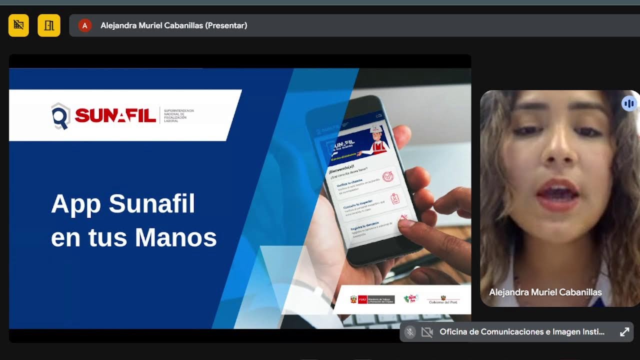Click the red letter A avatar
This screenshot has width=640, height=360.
(x=85, y=25)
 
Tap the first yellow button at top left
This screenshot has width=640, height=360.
(x=18, y=25)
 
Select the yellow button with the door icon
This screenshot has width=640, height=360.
(x=49, y=25)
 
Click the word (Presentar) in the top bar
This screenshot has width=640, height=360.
(x=226, y=25)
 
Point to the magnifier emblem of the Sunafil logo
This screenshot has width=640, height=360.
(x=60, y=116)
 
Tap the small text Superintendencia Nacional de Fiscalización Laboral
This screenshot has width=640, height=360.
(x=178, y=115)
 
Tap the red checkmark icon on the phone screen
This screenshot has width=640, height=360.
(x=388, y=176)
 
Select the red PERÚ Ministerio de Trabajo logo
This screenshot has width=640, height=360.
(x=372, y=299)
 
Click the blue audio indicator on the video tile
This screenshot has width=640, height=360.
(x=628, y=103)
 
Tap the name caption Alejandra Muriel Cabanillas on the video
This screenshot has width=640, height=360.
(x=545, y=292)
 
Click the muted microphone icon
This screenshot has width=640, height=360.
(x=410, y=332)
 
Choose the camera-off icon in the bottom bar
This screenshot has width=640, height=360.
(x=426, y=332)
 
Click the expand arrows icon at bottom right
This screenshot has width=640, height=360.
(x=624, y=332)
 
